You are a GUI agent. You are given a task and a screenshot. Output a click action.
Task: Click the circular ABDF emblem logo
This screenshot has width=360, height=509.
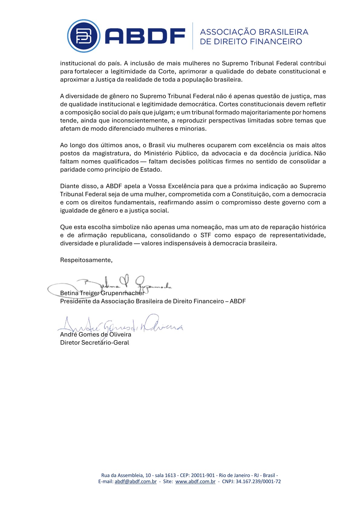pyautogui.click(x=84, y=36)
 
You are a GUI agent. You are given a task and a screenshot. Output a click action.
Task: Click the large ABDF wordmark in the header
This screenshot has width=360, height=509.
pyautogui.click(x=145, y=36)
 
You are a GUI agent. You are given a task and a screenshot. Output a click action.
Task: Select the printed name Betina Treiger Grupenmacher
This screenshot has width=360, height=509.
pyautogui.click(x=102, y=293)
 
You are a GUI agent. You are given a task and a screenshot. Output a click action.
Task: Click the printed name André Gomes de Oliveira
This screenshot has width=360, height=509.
pyautogui.click(x=96, y=334)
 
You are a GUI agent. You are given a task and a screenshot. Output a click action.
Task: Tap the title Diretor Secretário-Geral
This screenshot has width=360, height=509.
pyautogui.click(x=94, y=343)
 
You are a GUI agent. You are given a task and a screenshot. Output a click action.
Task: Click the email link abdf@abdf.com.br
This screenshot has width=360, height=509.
pyautogui.click(x=136, y=481)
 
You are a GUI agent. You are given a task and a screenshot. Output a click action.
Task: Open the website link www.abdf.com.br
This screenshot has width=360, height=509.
pyautogui.click(x=195, y=481)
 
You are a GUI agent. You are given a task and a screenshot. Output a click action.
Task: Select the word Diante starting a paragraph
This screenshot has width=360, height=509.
pyautogui.click(x=69, y=186)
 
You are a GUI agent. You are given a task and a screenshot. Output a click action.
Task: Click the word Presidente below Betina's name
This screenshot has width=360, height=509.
pyautogui.click(x=75, y=301)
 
